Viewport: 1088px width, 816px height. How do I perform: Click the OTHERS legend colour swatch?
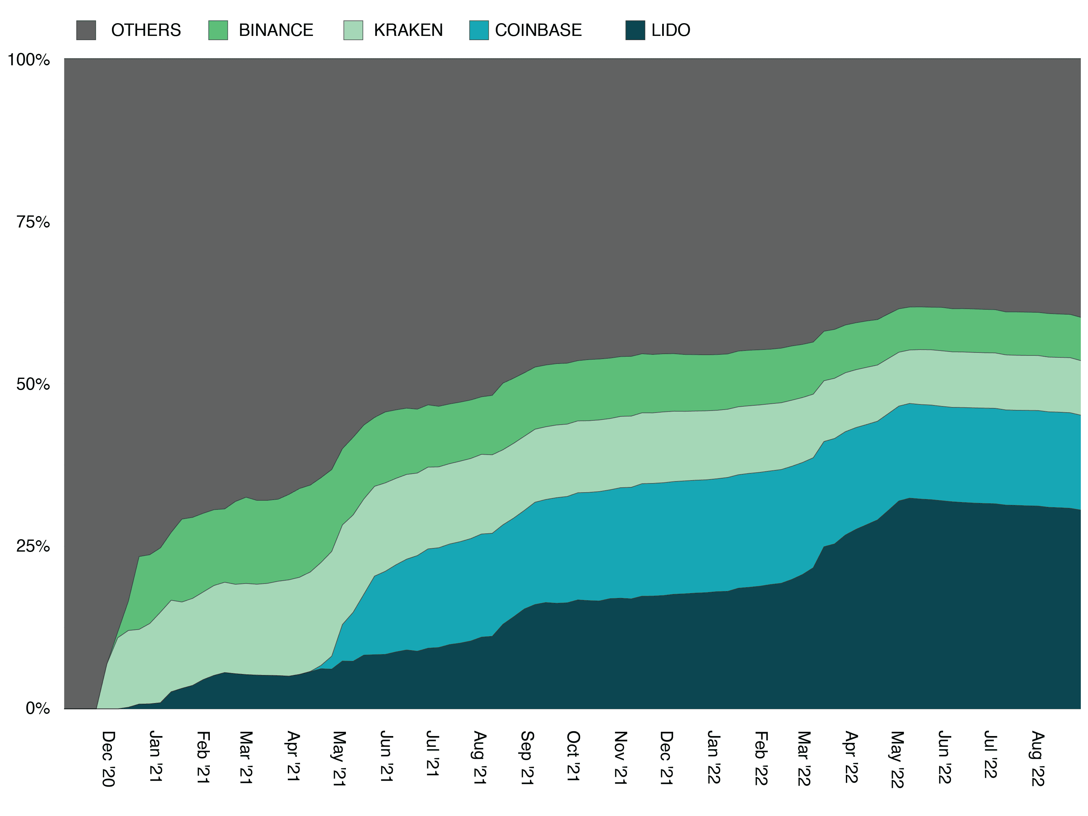(x=86, y=30)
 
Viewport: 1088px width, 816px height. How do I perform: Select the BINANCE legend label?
(x=276, y=30)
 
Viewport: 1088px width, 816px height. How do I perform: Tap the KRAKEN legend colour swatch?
(x=353, y=30)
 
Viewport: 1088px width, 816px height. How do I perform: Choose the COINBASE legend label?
(x=538, y=30)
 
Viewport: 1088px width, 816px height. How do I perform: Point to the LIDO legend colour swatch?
(x=635, y=30)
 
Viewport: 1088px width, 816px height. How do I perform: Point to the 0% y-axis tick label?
(x=38, y=708)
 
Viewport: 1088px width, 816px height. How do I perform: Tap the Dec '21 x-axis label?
(x=666, y=758)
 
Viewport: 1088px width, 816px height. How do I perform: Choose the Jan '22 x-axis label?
(x=713, y=757)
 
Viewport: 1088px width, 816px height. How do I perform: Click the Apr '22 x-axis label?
(x=851, y=757)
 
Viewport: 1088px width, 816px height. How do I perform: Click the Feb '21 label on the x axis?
(x=203, y=757)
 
